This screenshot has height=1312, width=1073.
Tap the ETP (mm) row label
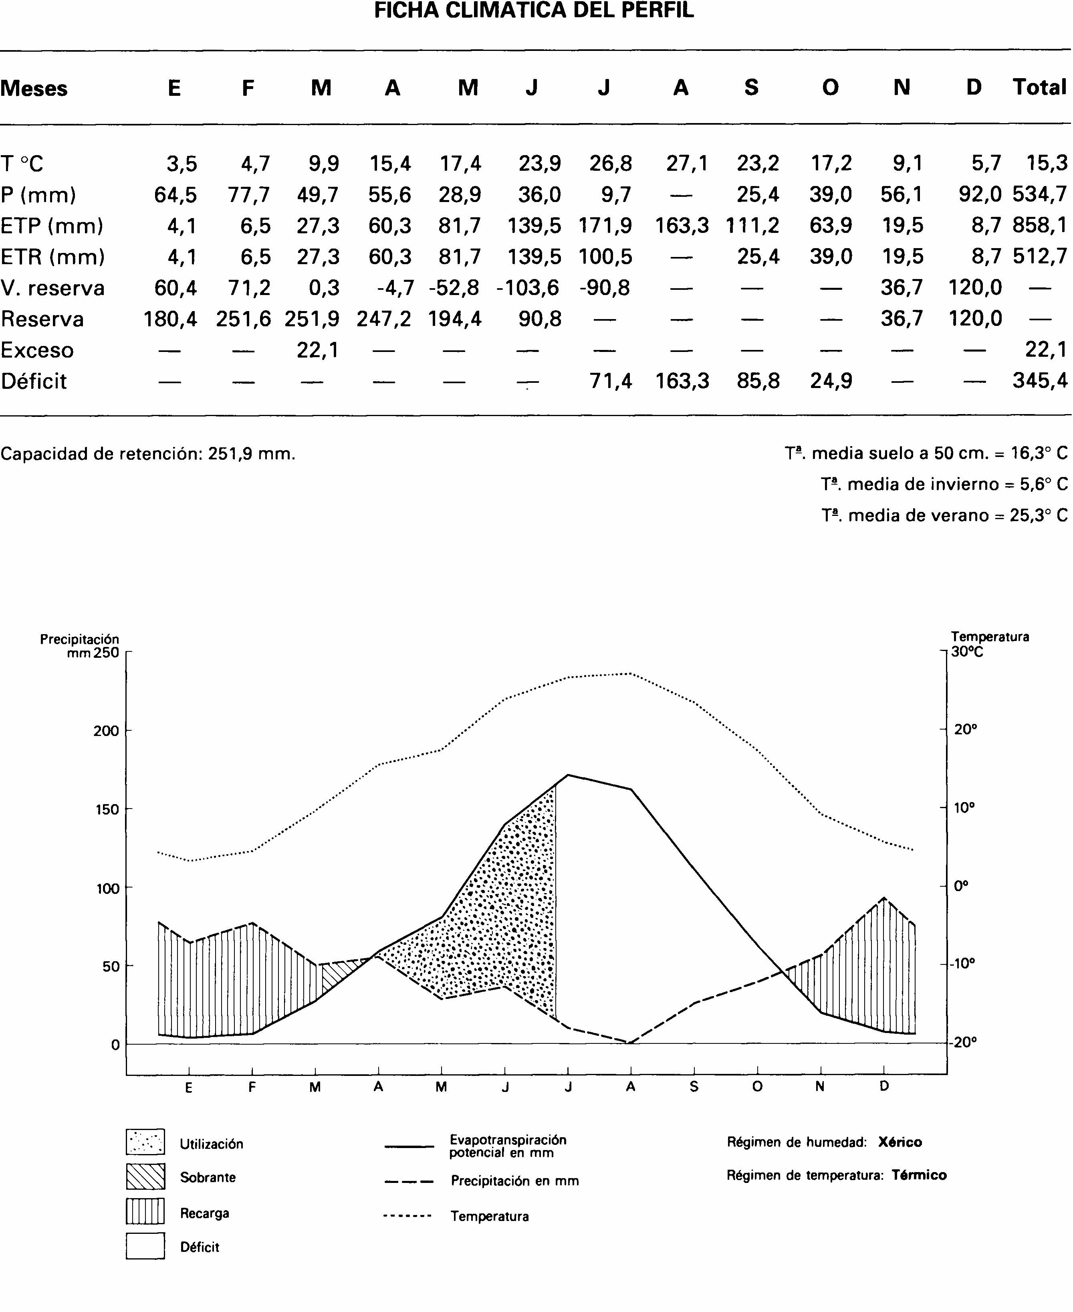[x=52, y=226]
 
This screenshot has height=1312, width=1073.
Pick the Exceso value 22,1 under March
[x=318, y=350]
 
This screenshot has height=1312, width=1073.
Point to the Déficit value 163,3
[x=682, y=381]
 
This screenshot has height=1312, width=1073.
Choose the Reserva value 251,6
[x=244, y=319]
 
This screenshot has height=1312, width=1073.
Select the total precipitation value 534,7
[x=1040, y=195]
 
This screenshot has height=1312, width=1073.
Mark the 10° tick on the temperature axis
[x=964, y=807]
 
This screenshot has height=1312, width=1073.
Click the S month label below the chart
[x=694, y=1086]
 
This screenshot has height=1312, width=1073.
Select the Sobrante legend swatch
[x=145, y=1176]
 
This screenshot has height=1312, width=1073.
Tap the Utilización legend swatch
[x=145, y=1141]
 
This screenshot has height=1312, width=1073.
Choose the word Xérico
[x=900, y=1142]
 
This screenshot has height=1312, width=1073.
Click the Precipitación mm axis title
[x=80, y=645]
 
